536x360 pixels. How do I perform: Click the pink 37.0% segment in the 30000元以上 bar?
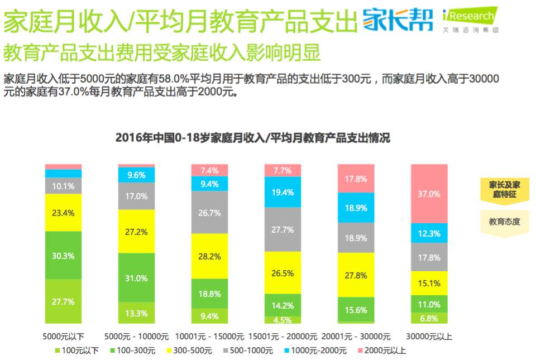(x=429, y=194)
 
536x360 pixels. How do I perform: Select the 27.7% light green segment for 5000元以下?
(x=63, y=301)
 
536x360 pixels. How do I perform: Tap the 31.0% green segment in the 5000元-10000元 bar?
(x=136, y=278)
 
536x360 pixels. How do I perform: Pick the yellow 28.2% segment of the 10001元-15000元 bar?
(x=209, y=256)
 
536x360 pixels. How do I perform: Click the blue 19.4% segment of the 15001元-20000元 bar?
(x=283, y=191)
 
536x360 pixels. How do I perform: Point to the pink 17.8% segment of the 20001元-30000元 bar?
(x=356, y=179)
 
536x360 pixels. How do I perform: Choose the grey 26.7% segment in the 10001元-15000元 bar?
(x=209, y=213)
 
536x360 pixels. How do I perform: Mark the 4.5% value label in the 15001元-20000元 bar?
(x=283, y=320)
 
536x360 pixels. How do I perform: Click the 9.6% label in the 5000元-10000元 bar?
(x=136, y=175)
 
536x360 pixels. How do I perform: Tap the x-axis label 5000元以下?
(x=63, y=337)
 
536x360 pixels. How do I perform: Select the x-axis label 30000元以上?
(x=429, y=337)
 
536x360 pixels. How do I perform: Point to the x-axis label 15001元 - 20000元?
(x=283, y=337)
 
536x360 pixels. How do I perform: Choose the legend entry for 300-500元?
(x=190, y=351)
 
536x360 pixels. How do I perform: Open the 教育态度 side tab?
(x=504, y=222)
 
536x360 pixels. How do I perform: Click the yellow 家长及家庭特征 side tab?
(x=504, y=189)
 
